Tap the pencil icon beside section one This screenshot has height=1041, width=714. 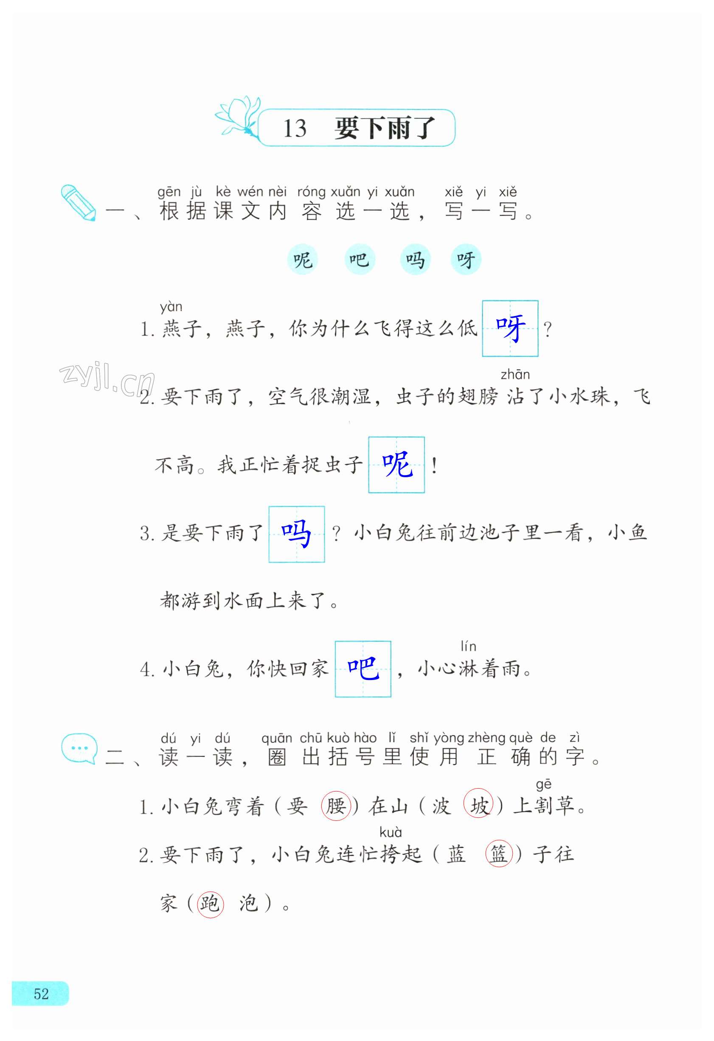pyautogui.click(x=78, y=202)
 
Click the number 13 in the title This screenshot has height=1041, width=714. pyautogui.click(x=295, y=129)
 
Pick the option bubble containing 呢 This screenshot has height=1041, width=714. pyautogui.click(x=303, y=259)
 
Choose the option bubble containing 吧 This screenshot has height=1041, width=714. pyautogui.click(x=359, y=259)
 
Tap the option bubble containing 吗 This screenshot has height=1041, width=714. pyautogui.click(x=415, y=259)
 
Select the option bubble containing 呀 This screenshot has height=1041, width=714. pyautogui.click(x=466, y=259)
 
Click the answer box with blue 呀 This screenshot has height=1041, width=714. pyautogui.click(x=510, y=328)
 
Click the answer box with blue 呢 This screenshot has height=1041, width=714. pyautogui.click(x=396, y=465)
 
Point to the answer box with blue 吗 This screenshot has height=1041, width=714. pyautogui.click(x=296, y=534)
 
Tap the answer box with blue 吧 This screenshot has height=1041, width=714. pyautogui.click(x=363, y=669)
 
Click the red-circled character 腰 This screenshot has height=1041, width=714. pyautogui.click(x=335, y=806)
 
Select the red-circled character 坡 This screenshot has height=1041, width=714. pyautogui.click(x=478, y=806)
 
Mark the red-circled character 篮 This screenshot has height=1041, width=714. pyautogui.click(x=498, y=854)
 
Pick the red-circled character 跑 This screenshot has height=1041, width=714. pyautogui.click(x=210, y=903)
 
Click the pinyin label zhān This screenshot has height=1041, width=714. pyautogui.click(x=515, y=375)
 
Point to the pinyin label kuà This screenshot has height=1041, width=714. pyautogui.click(x=391, y=832)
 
